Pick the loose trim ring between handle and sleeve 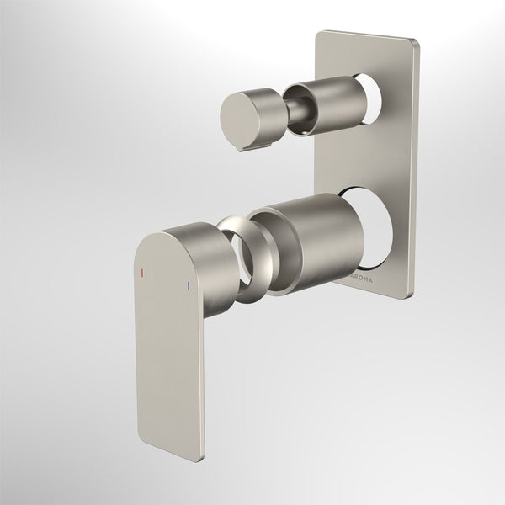click(x=245, y=257)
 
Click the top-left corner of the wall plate click(x=319, y=34)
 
